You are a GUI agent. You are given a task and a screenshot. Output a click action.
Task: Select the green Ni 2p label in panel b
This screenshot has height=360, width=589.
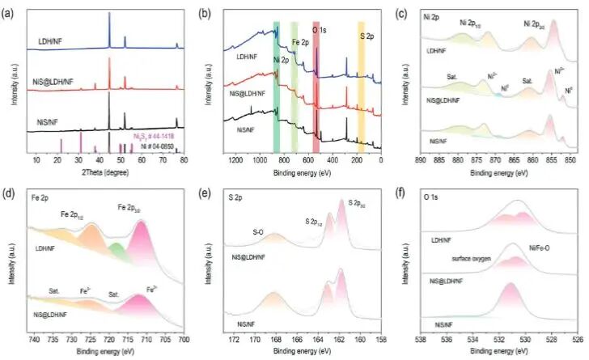pyautogui.click(x=281, y=59)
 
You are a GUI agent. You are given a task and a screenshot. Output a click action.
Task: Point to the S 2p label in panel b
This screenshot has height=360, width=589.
pyautogui.click(x=367, y=36)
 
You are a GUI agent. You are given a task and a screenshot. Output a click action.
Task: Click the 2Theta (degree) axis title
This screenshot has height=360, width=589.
pyautogui.click(x=105, y=172)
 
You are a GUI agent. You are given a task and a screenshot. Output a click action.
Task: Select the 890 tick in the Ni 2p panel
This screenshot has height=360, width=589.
pyautogui.click(x=420, y=160)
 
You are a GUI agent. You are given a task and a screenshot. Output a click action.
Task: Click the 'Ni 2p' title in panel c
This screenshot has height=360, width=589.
pyautogui.click(x=432, y=15)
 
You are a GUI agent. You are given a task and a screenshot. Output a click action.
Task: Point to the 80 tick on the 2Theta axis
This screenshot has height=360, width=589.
pyautogui.click(x=184, y=160)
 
